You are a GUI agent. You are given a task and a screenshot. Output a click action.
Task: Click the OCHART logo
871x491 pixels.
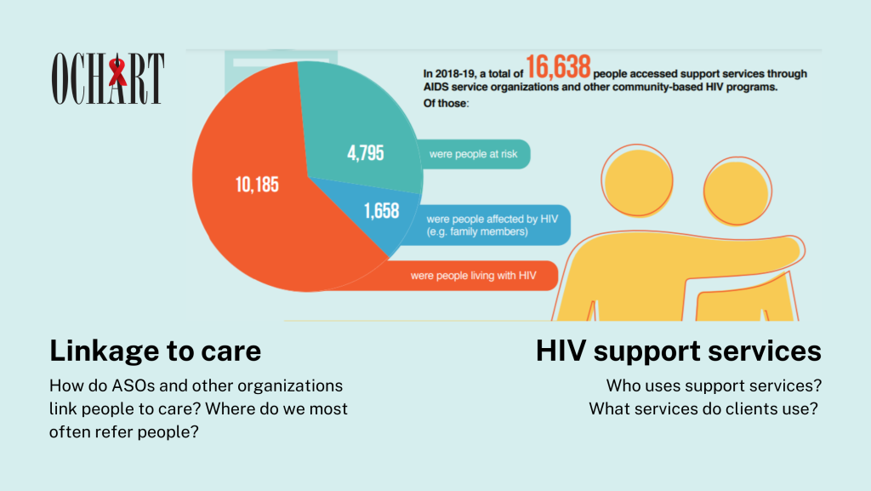(x=108, y=78)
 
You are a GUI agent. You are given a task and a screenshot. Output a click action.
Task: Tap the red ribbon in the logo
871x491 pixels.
(x=117, y=72)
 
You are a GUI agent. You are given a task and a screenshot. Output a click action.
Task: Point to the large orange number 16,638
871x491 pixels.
(x=559, y=66)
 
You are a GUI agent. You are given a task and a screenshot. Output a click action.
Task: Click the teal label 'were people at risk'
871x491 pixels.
(x=472, y=154)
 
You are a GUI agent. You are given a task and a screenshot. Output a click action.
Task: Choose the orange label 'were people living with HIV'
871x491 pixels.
(x=472, y=276)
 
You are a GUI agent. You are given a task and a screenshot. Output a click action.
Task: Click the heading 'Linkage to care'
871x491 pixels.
(x=155, y=351)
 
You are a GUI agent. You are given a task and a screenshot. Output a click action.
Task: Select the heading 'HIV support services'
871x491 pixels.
(x=678, y=351)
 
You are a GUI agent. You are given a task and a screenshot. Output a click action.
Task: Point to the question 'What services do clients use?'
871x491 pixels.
(x=703, y=408)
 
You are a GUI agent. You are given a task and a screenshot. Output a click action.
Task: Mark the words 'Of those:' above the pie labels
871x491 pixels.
(x=445, y=105)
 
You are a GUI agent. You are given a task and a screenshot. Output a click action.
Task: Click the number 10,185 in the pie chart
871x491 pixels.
(x=256, y=184)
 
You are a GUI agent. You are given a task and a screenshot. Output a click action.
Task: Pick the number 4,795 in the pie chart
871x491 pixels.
(x=365, y=154)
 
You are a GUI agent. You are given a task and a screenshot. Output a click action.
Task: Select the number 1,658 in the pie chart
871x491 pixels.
(x=380, y=210)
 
